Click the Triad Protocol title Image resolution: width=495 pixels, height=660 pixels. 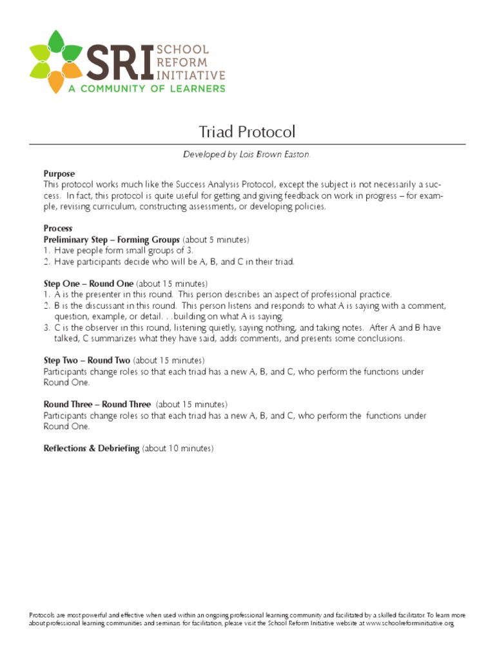pyautogui.click(x=247, y=132)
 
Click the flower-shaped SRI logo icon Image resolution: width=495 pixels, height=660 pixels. pyautogui.click(x=57, y=61)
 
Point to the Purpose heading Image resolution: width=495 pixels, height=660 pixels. pyautogui.click(x=59, y=173)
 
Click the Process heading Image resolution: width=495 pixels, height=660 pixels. pyautogui.click(x=58, y=229)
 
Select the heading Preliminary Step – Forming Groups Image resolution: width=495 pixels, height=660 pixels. pyautogui.click(x=112, y=240)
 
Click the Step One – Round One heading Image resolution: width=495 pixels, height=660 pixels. pyautogui.click(x=88, y=284)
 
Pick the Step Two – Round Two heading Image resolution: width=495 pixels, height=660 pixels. pyautogui.click(x=87, y=360)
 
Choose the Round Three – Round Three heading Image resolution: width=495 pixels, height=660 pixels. pyautogui.click(x=97, y=404)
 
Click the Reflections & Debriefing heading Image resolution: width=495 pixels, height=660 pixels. pyautogui.click(x=92, y=448)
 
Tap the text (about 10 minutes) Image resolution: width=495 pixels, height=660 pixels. pyautogui.click(x=178, y=448)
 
